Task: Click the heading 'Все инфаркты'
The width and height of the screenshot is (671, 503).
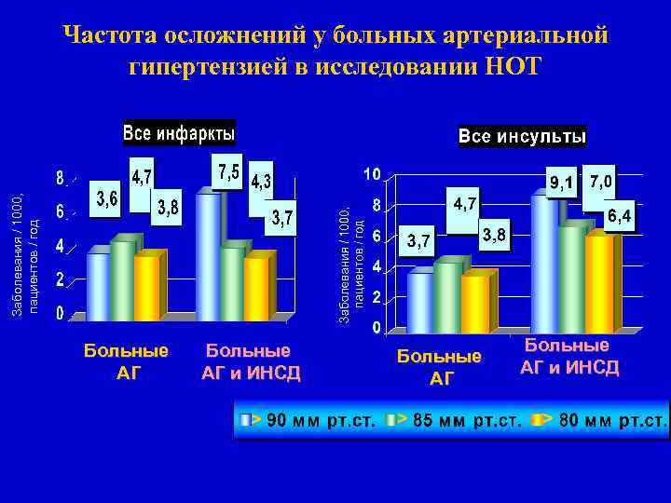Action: tap(179, 133)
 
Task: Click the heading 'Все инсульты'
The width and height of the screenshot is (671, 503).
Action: tap(522, 137)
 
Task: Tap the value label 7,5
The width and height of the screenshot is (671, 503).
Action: tap(228, 173)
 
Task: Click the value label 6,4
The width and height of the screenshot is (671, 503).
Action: tap(619, 217)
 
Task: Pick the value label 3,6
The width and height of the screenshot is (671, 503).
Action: tap(106, 199)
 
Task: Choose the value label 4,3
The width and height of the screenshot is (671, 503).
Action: tap(261, 183)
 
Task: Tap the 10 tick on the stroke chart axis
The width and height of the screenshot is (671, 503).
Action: tap(371, 174)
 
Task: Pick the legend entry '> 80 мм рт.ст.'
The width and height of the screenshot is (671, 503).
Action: tap(605, 420)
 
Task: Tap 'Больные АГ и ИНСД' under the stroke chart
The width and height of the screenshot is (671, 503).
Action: tap(568, 357)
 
